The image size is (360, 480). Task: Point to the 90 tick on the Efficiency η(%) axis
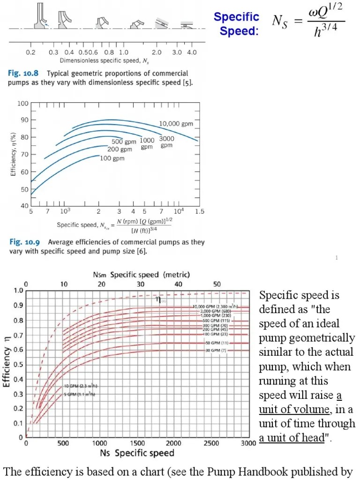tap(22, 120)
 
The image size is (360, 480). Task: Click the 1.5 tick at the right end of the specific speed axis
tap(199, 212)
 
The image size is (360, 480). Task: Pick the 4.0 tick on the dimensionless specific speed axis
tap(191, 52)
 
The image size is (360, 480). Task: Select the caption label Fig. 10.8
tap(22, 74)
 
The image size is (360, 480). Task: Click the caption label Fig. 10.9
tap(22, 242)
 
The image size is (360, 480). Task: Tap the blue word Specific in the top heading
tap(236, 17)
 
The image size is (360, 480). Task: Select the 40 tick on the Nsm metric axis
tap(178, 284)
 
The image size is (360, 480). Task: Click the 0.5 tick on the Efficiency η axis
tap(18, 364)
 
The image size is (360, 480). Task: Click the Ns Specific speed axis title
tap(137, 453)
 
